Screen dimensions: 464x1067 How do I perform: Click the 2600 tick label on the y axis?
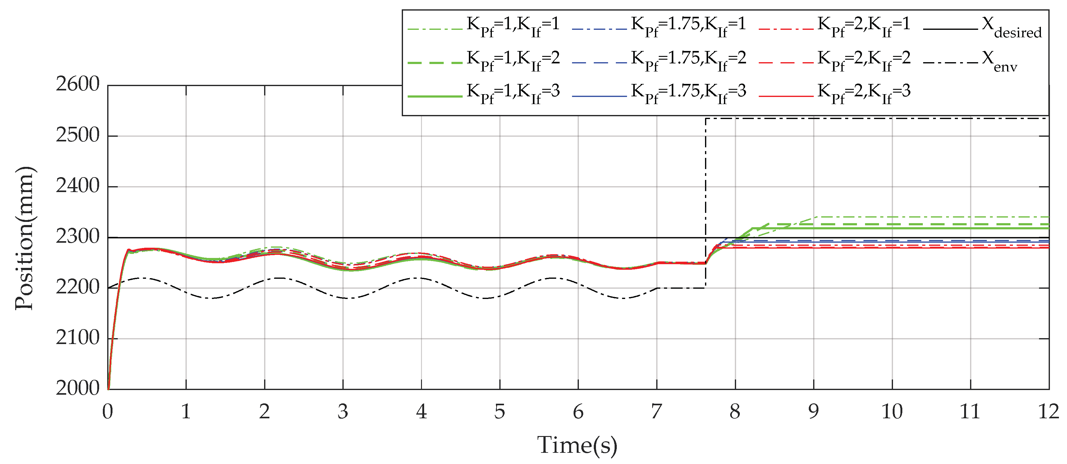(x=78, y=85)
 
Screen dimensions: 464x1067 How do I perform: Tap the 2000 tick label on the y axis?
(x=78, y=388)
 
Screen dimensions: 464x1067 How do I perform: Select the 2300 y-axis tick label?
(x=78, y=237)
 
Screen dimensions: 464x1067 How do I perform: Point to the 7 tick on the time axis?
(x=657, y=412)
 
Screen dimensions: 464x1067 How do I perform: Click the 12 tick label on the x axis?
(x=1048, y=412)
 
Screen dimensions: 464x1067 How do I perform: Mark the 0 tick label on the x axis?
(x=108, y=412)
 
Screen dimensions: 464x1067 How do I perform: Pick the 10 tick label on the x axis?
(x=892, y=412)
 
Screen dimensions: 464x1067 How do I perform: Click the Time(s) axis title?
(x=577, y=446)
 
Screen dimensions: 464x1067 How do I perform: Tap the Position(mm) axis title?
(x=24, y=238)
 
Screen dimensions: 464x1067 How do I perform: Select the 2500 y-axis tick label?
(x=78, y=136)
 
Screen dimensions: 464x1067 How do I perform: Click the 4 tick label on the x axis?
(x=421, y=412)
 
